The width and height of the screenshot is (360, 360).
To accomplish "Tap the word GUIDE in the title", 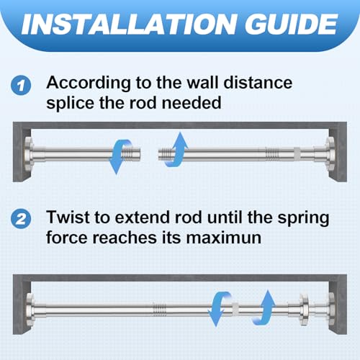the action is point(292,24).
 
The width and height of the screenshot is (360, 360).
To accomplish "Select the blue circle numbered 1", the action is point(21,85).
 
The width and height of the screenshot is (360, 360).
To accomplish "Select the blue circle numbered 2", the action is point(21,219).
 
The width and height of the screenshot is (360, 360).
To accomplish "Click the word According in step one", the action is point(89,84).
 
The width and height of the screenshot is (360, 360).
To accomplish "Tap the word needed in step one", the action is point(192,103).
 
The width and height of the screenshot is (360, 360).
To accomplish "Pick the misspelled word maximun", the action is point(224,238).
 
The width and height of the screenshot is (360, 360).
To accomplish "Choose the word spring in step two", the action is point(303,218).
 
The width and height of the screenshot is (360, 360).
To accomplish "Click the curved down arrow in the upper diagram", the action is point(120,156).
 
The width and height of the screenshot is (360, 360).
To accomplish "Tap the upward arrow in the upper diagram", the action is point(177,149).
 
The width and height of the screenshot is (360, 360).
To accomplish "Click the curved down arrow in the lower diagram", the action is point(219,309).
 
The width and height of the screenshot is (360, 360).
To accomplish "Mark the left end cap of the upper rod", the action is point(29,154).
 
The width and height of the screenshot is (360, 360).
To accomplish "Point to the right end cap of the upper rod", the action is point(330,153).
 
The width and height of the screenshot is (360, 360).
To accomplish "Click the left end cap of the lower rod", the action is point(30,310).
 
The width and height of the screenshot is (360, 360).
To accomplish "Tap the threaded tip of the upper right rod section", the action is point(165,155).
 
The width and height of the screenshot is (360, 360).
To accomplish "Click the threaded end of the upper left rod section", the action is point(131,154).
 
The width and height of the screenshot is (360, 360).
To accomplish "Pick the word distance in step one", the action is point(258,83).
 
